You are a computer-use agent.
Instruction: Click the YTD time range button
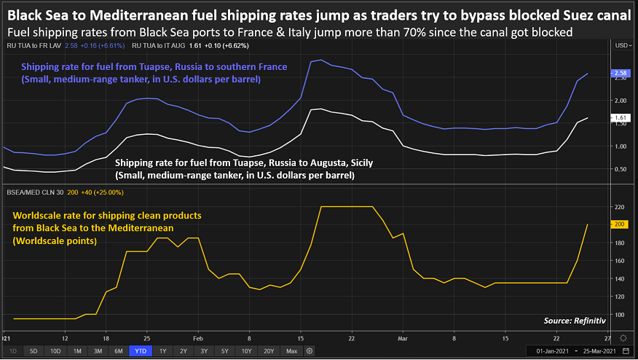tap(141, 351)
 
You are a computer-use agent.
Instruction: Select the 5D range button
tap(34, 351)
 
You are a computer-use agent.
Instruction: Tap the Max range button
tap(292, 351)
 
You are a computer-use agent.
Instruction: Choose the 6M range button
tap(118, 351)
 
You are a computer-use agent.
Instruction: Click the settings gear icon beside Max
tap(310, 351)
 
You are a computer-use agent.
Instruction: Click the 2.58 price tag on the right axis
tap(621, 73)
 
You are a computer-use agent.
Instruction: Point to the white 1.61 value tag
tap(621, 117)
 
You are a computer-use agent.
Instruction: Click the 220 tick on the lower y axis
tap(620, 207)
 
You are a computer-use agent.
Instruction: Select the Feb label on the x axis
tap(198, 339)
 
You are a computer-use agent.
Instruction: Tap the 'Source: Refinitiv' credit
tap(573, 321)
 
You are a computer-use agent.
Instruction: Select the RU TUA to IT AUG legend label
tap(148, 45)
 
